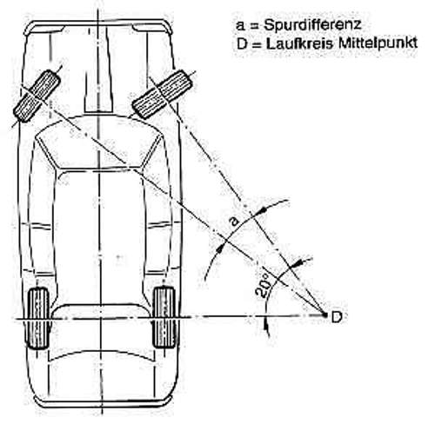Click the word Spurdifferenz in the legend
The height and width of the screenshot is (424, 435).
(x=312, y=25)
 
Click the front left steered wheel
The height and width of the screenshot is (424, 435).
(x=37, y=96)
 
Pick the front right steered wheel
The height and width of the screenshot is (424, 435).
(x=162, y=94)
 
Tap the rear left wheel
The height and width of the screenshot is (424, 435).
(x=38, y=318)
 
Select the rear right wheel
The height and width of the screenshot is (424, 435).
(x=164, y=317)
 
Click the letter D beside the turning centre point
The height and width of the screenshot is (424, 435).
(x=337, y=317)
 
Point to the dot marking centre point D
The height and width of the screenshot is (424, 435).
(x=325, y=314)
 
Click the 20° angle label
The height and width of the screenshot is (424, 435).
(x=263, y=285)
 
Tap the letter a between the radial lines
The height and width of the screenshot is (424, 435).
(x=235, y=222)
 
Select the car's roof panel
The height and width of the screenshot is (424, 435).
(x=99, y=237)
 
